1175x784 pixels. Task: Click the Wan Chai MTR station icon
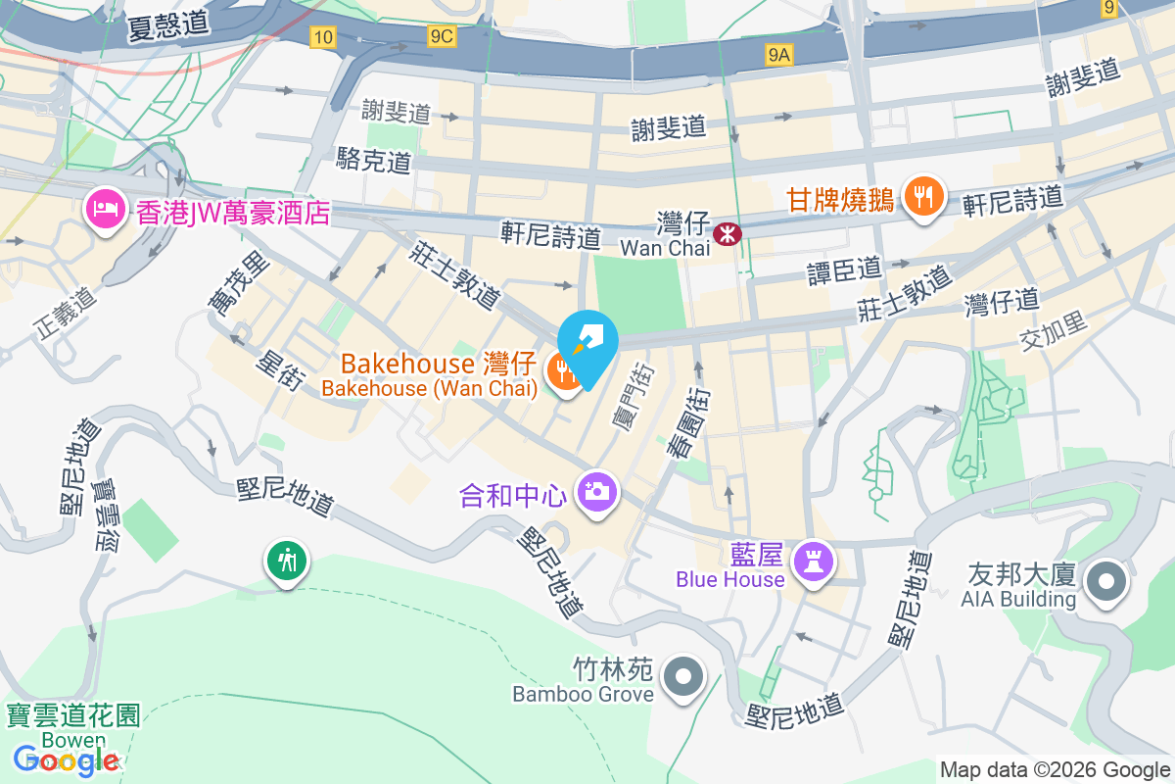728,233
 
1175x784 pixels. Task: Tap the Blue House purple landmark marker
815,562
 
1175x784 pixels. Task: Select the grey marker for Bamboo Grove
684,677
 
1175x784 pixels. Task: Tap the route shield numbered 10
322,37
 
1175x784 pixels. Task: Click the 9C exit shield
442,36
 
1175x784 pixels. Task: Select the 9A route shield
778,57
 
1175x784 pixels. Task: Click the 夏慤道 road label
168,26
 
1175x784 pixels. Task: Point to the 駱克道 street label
373,160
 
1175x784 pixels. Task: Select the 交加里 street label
1054,332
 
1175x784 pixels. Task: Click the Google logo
67,759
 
